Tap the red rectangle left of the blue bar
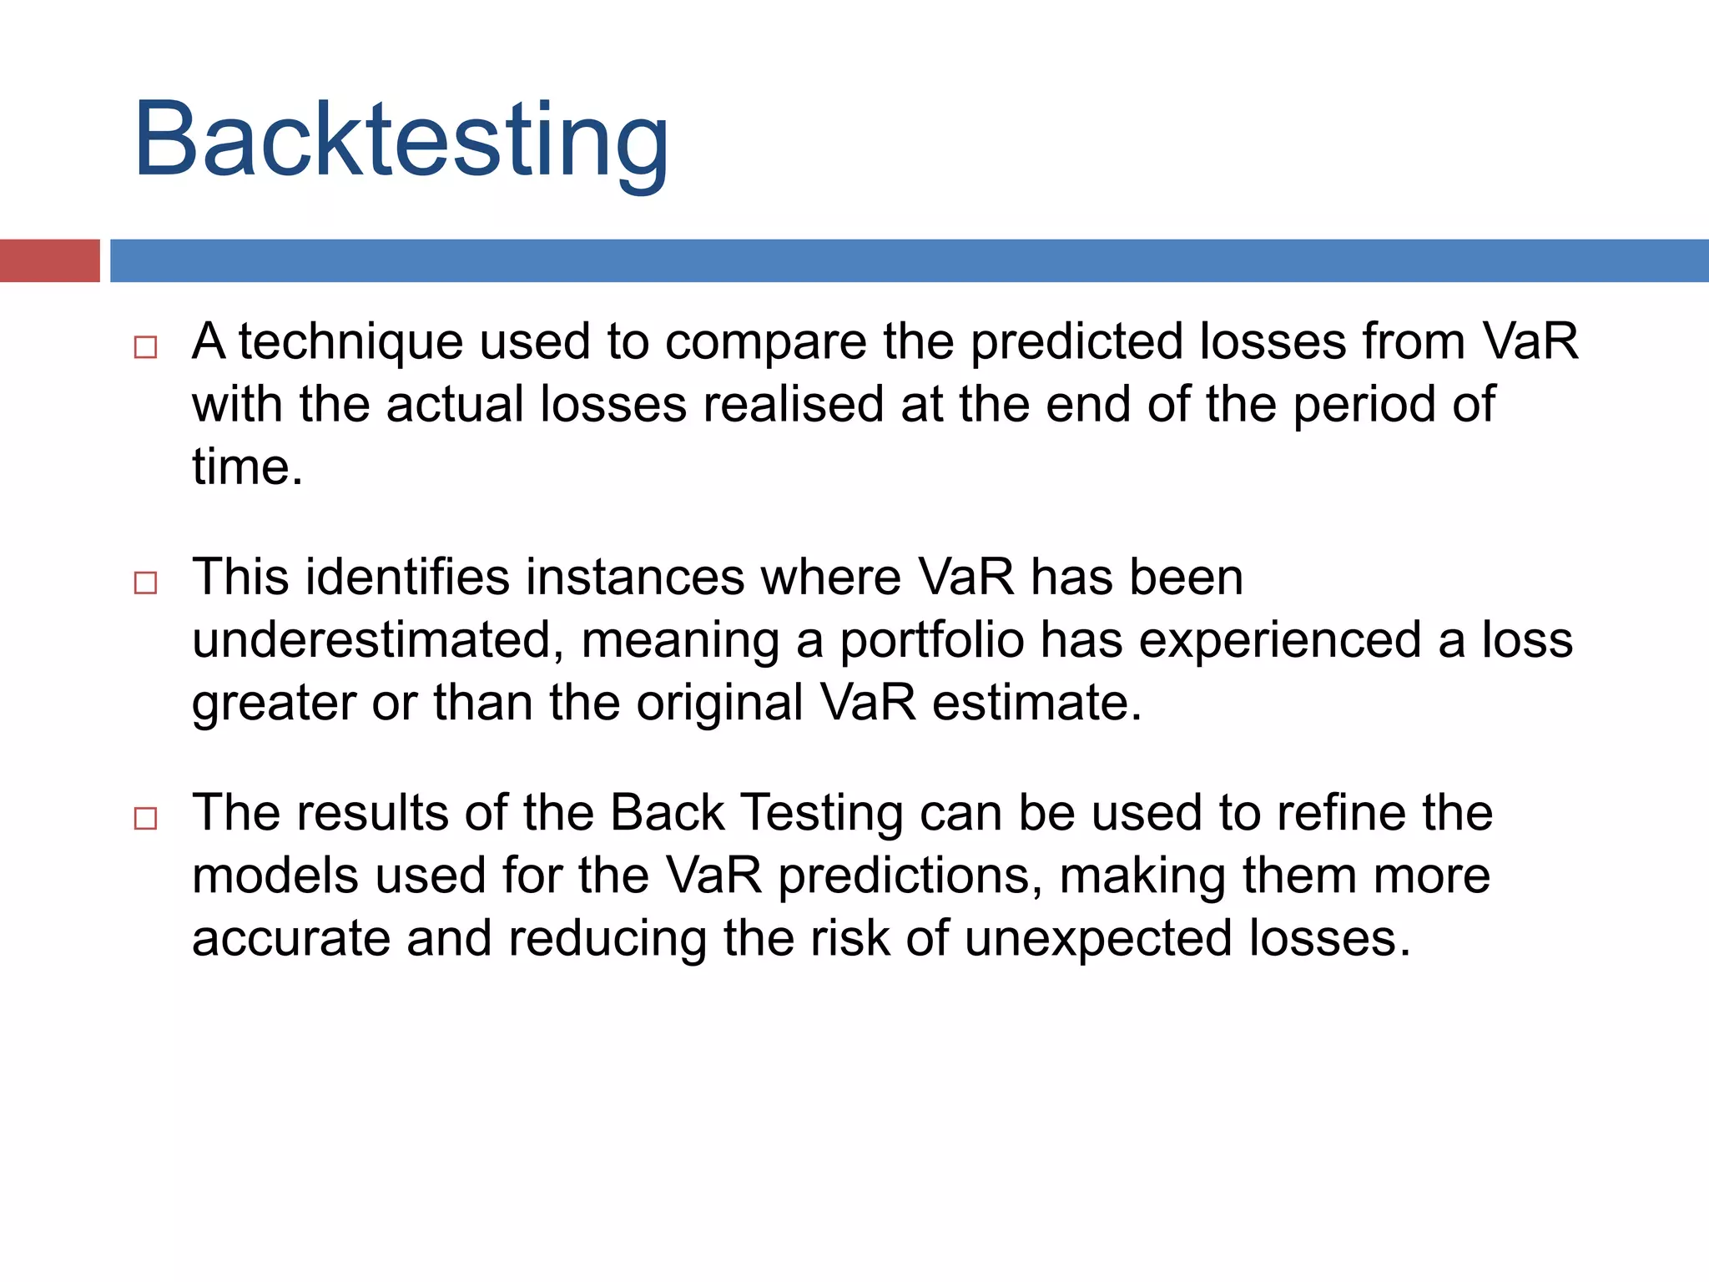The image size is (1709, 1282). tap(49, 260)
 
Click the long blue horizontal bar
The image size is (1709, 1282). tap(908, 260)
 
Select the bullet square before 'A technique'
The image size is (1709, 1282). tap(146, 347)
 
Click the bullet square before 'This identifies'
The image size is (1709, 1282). tap(146, 583)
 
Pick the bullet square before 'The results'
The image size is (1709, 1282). tap(146, 818)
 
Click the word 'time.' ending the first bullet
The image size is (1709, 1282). tap(247, 467)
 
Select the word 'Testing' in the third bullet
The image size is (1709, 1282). tap(821, 813)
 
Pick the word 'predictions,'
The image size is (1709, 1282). tap(910, 876)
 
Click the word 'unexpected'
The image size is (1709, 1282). tap(1098, 939)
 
